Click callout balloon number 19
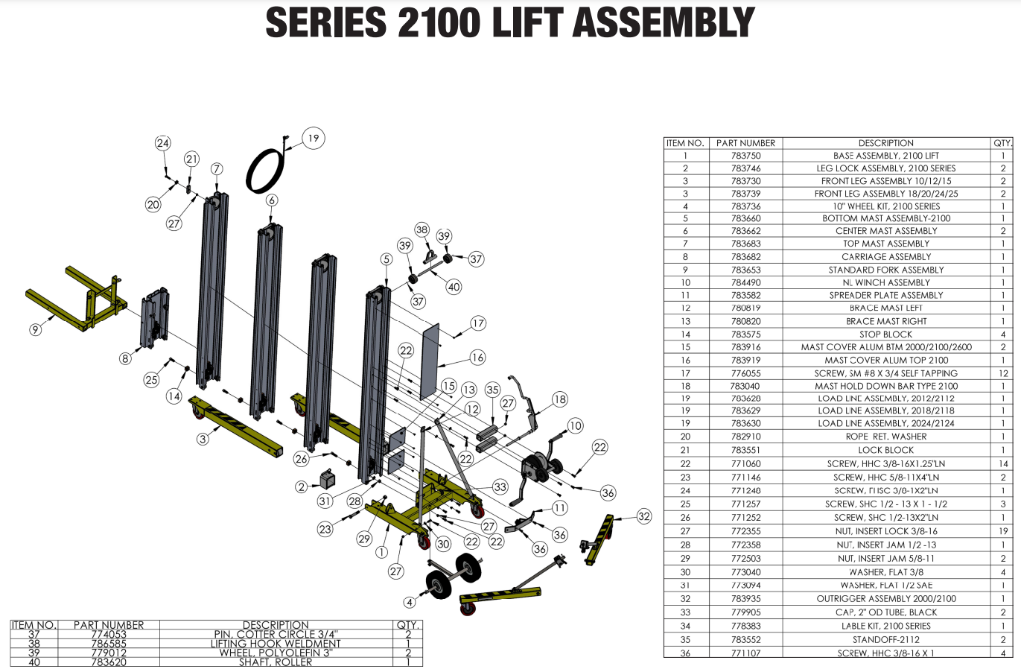(x=313, y=138)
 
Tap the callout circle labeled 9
(x=35, y=329)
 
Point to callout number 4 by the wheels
(x=409, y=602)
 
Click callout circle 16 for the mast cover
(x=477, y=358)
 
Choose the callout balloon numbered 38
(x=422, y=229)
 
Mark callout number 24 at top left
(x=162, y=143)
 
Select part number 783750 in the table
(x=745, y=156)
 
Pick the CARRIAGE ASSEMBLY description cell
(x=885, y=256)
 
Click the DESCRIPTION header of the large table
(x=885, y=143)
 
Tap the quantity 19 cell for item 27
(x=1002, y=531)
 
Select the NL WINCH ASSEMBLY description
(x=885, y=282)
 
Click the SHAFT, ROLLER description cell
(x=276, y=662)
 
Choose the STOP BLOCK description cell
(x=885, y=334)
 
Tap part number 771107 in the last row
(x=745, y=653)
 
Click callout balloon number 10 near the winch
(x=575, y=425)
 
